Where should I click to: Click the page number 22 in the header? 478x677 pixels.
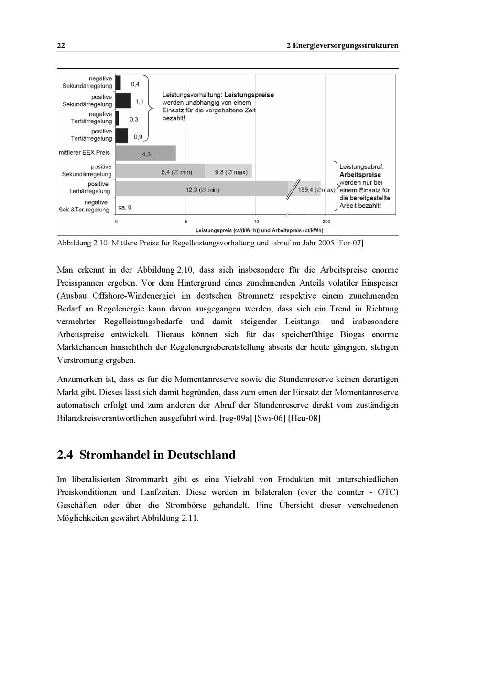(61, 46)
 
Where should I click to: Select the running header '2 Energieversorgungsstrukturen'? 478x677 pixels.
(342, 46)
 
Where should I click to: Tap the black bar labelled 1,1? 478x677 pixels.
(123, 100)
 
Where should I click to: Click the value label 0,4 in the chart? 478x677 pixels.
(135, 84)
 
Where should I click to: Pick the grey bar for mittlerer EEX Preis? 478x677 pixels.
(146, 154)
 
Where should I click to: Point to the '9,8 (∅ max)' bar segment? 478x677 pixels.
(228, 172)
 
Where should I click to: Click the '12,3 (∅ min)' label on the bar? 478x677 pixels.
(203, 190)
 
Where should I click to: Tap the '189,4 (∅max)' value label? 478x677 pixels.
(316, 190)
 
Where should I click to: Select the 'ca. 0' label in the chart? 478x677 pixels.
(125, 207)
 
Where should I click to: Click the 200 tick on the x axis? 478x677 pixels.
(326, 222)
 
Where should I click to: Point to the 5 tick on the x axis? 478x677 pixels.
(186, 222)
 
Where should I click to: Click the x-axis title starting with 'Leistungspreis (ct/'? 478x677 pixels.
(259, 230)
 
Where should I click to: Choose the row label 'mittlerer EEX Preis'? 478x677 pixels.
(84, 153)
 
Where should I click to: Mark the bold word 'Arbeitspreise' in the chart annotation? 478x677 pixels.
(360, 175)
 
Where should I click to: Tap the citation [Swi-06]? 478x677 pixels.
(270, 418)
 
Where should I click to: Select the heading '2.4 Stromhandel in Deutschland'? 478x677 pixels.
(146, 455)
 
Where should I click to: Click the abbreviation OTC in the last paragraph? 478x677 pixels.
(388, 492)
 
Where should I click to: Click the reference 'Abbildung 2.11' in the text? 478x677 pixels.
(170, 518)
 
